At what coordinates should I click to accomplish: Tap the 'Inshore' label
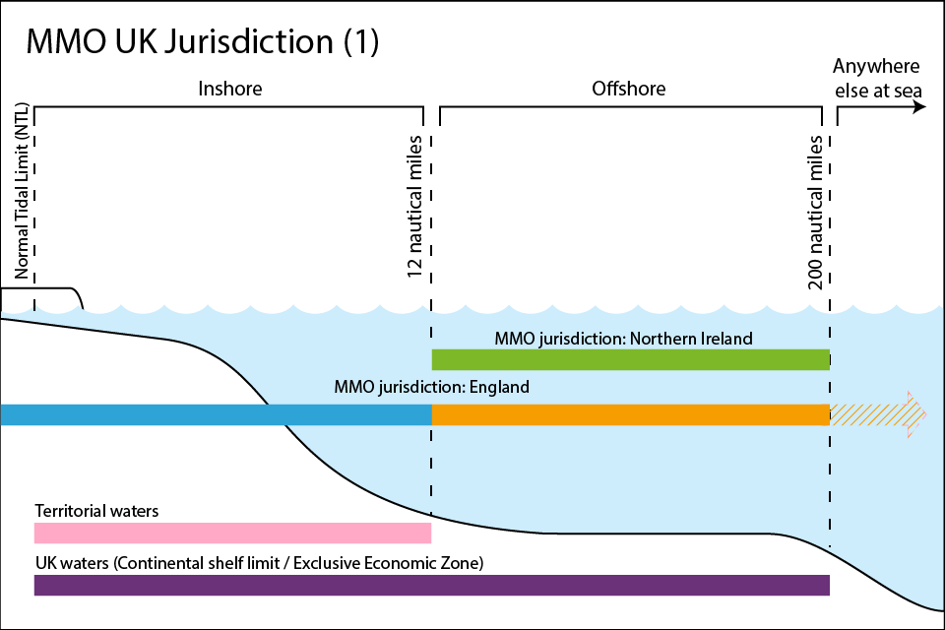[x=230, y=89]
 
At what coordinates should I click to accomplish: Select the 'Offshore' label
[x=628, y=89]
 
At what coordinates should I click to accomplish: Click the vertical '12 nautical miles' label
[x=415, y=208]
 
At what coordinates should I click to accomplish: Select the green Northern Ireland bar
[x=630, y=359]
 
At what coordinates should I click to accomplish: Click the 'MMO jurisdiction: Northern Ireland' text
[x=623, y=339]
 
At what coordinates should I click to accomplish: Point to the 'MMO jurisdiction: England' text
[x=432, y=387]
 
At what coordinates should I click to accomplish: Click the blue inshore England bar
[x=216, y=414]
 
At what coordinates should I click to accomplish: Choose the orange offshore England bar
[x=630, y=414]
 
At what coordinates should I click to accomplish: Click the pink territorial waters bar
[x=232, y=534]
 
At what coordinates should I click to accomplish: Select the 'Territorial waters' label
[x=96, y=512]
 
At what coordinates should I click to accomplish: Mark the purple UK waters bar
[x=431, y=585]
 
